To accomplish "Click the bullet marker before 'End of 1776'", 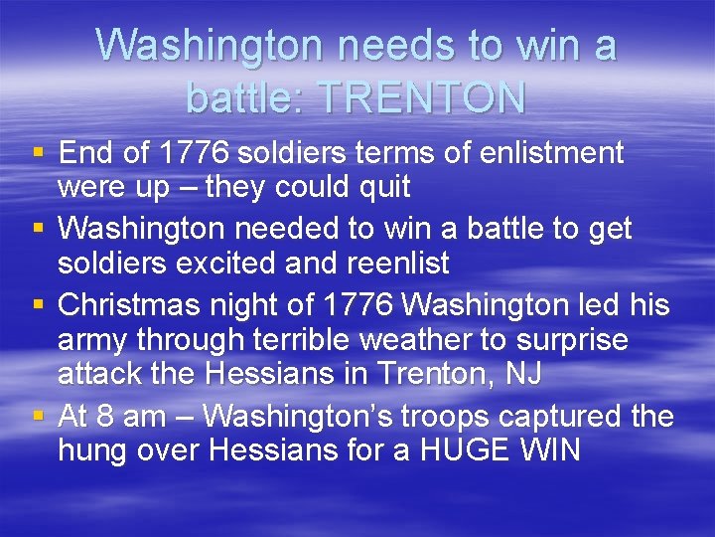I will pyautogui.click(x=39, y=153).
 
